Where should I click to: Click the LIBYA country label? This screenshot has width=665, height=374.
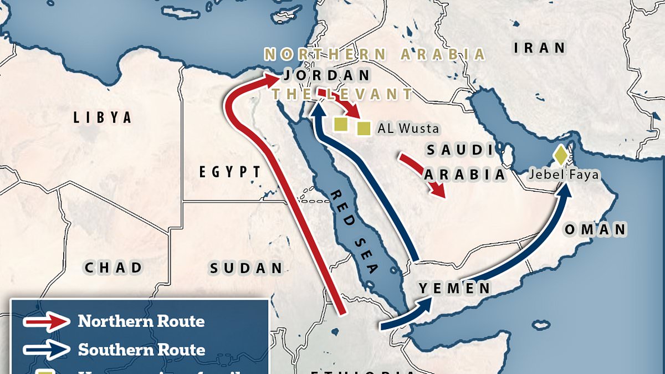coord(103,117)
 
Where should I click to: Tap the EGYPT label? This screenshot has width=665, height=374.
coord(230,172)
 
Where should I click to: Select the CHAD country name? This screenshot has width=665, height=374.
coord(113,268)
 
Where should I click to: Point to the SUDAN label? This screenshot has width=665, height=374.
coord(246,268)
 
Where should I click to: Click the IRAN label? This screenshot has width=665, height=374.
coord(539,48)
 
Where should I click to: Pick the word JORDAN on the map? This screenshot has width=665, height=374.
coord(326,75)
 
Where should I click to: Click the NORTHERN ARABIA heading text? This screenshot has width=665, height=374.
coord(375,54)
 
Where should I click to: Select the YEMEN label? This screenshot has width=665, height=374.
coord(454,288)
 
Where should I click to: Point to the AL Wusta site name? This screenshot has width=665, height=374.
coord(408,129)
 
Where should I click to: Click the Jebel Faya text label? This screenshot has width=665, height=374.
coord(563,175)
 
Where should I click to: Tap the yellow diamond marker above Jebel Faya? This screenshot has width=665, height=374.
coord(561,155)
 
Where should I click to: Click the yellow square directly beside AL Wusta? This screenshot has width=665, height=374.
coord(364,129)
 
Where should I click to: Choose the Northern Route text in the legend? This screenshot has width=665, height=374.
coord(141,321)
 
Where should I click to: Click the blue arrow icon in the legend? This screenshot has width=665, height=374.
coord(47,350)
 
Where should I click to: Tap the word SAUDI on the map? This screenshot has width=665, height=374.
coord(459,150)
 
